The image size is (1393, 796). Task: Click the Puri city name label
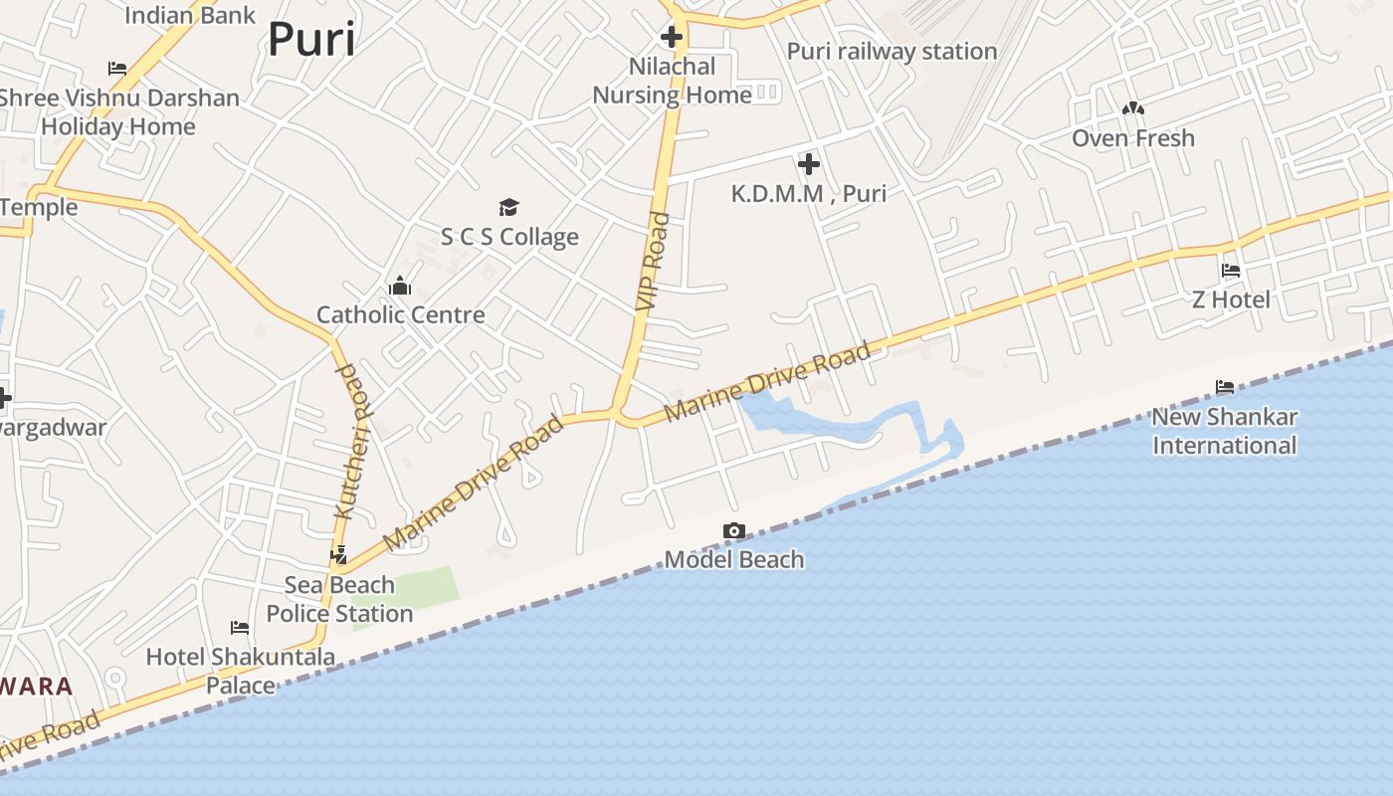coord(311,40)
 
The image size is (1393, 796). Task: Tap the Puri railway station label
coord(892,52)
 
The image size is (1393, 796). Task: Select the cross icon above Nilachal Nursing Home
coord(672,38)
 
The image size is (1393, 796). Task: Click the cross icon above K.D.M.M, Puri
coord(809,164)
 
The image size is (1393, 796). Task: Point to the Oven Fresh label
coord(1133,138)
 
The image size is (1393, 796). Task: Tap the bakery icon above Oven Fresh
coord(1133,108)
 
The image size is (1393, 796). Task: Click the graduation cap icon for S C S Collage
coord(509,207)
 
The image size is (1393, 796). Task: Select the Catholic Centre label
coord(401,315)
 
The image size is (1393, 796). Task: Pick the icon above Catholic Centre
coord(400,287)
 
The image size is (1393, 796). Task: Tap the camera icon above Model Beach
coord(734,531)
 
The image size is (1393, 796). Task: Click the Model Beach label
coord(734,560)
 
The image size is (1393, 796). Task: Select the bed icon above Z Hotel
coord(1231,271)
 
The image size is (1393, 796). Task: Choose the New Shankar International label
coord(1225,431)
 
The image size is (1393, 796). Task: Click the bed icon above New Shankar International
coord(1225,387)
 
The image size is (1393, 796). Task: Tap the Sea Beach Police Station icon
coord(339,555)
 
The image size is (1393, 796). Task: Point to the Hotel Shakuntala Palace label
coord(241,671)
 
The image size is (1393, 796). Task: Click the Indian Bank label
coord(190,15)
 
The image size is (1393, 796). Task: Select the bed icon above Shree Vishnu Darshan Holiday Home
coord(117,69)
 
